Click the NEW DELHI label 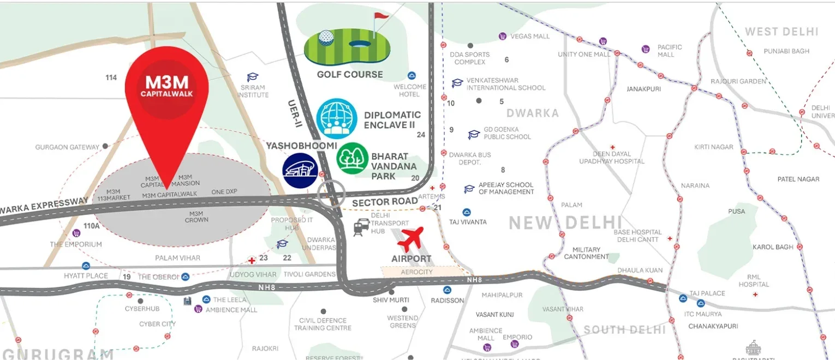coord(565,223)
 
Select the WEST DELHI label coord(782,32)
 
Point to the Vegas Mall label coord(529,37)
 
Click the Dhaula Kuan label coord(640,270)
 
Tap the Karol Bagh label coord(773,247)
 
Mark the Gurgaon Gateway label coord(67,147)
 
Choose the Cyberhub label coord(142,309)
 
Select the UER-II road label coord(294,113)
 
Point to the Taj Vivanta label coord(468,222)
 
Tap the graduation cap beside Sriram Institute coord(252,77)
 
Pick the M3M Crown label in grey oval coord(196,217)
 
